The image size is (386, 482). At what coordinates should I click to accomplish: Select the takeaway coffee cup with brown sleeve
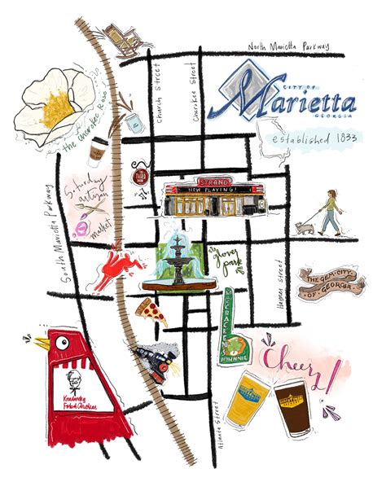coord(98,151)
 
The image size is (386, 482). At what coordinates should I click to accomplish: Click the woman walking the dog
coord(332,209)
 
